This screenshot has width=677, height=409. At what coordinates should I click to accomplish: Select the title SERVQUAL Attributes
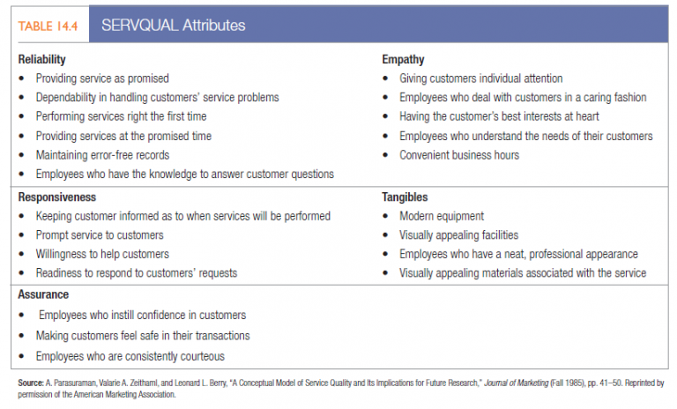pyautogui.click(x=174, y=25)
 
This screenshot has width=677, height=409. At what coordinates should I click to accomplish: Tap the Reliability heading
pyautogui.click(x=41, y=60)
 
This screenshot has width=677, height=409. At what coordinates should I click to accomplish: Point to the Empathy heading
pyautogui.click(x=403, y=60)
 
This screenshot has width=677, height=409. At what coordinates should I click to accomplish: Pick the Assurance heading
pyautogui.click(x=43, y=294)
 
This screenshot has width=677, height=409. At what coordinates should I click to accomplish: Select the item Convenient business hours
pyautogui.click(x=459, y=155)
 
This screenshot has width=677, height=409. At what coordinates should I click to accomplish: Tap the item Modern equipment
pyautogui.click(x=442, y=216)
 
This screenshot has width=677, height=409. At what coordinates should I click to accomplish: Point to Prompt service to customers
pyautogui.click(x=100, y=235)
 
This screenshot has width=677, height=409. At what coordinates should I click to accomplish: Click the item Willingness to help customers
pyautogui.click(x=102, y=255)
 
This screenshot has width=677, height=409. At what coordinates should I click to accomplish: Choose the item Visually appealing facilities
pyautogui.click(x=458, y=235)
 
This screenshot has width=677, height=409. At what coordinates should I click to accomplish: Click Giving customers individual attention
pyautogui.click(x=480, y=78)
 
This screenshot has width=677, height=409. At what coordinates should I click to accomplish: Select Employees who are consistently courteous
pyautogui.click(x=130, y=356)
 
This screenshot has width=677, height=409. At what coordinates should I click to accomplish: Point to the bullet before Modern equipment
pyautogui.click(x=388, y=217)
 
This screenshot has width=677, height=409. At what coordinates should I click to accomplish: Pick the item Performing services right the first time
pyautogui.click(x=121, y=116)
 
